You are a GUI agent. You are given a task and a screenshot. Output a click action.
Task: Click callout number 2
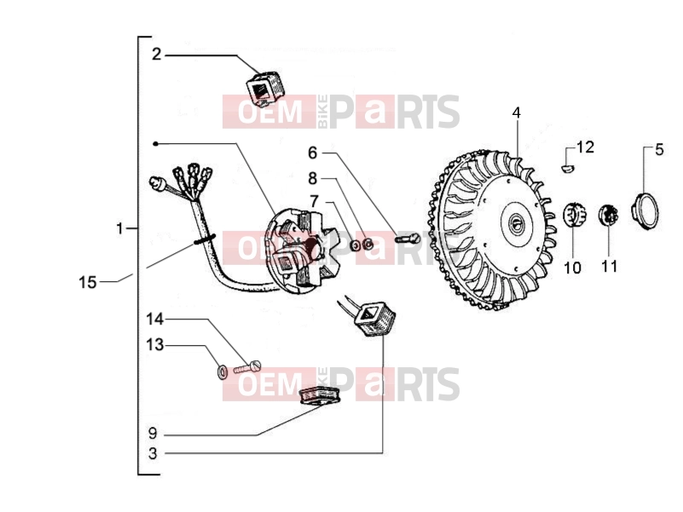pos(156,55)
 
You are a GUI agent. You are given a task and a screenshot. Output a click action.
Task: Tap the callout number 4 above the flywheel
pos(516,112)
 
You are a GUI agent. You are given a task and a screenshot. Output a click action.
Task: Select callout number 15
pos(87,283)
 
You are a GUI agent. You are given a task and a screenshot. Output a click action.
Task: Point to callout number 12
pos(585,147)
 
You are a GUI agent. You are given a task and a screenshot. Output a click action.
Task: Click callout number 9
pos(152,434)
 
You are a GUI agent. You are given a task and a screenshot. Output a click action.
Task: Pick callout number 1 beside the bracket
pos(119,228)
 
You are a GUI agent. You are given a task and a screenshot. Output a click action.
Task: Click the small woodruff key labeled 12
pos(567,167)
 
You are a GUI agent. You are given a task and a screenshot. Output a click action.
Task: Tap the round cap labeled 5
pos(645,211)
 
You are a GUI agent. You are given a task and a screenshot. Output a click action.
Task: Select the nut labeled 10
pos(575,216)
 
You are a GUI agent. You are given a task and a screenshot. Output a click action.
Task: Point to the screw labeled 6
pos(407,239)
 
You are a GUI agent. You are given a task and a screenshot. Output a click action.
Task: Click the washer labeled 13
pos(223,372)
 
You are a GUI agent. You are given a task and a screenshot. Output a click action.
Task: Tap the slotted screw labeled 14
pos(247,367)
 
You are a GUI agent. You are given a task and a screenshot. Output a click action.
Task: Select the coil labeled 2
pos(265,89)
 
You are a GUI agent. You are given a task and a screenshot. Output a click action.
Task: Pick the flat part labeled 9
pos(320,396)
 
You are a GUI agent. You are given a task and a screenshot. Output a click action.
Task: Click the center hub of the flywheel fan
pos(517,222)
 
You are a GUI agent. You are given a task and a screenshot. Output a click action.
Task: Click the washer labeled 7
pos(356,246)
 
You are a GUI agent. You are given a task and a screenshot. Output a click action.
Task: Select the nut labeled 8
pos(368,244)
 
